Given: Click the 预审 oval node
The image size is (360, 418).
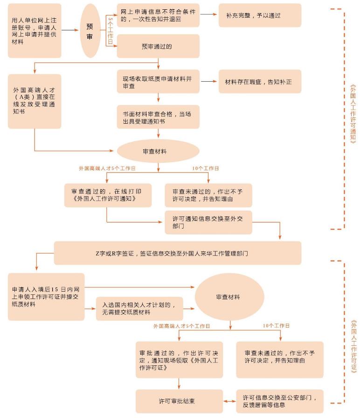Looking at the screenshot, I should (x=90, y=31).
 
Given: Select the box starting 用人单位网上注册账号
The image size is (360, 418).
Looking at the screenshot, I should (x=35, y=31).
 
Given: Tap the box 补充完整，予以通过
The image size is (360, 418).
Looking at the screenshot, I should (x=260, y=15).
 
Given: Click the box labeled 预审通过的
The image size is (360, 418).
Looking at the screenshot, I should (x=158, y=46).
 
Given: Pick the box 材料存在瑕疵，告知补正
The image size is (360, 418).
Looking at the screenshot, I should (x=260, y=82).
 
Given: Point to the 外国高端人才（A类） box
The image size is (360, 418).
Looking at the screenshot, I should (x=35, y=101).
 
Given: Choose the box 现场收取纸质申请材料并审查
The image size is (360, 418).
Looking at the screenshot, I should (x=158, y=82).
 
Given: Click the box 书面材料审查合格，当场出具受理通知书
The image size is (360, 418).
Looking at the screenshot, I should (x=158, y=117).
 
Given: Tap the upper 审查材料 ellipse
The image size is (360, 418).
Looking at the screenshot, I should (x=158, y=151).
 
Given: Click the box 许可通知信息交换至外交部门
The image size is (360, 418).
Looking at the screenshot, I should (x=208, y=222).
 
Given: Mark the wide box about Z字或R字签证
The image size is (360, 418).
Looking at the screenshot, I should (x=178, y=253).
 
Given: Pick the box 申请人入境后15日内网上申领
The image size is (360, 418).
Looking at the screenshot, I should (x=46, y=297).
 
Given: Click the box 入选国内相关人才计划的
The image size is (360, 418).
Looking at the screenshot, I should (x=139, y=308).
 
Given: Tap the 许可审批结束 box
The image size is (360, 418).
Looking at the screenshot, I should (x=179, y=401).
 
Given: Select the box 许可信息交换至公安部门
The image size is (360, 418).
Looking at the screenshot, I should (x=280, y=401).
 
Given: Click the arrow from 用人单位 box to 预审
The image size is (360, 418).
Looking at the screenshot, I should (x=70, y=31).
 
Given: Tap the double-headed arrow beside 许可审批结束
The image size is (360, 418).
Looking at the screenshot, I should (x=229, y=401).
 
